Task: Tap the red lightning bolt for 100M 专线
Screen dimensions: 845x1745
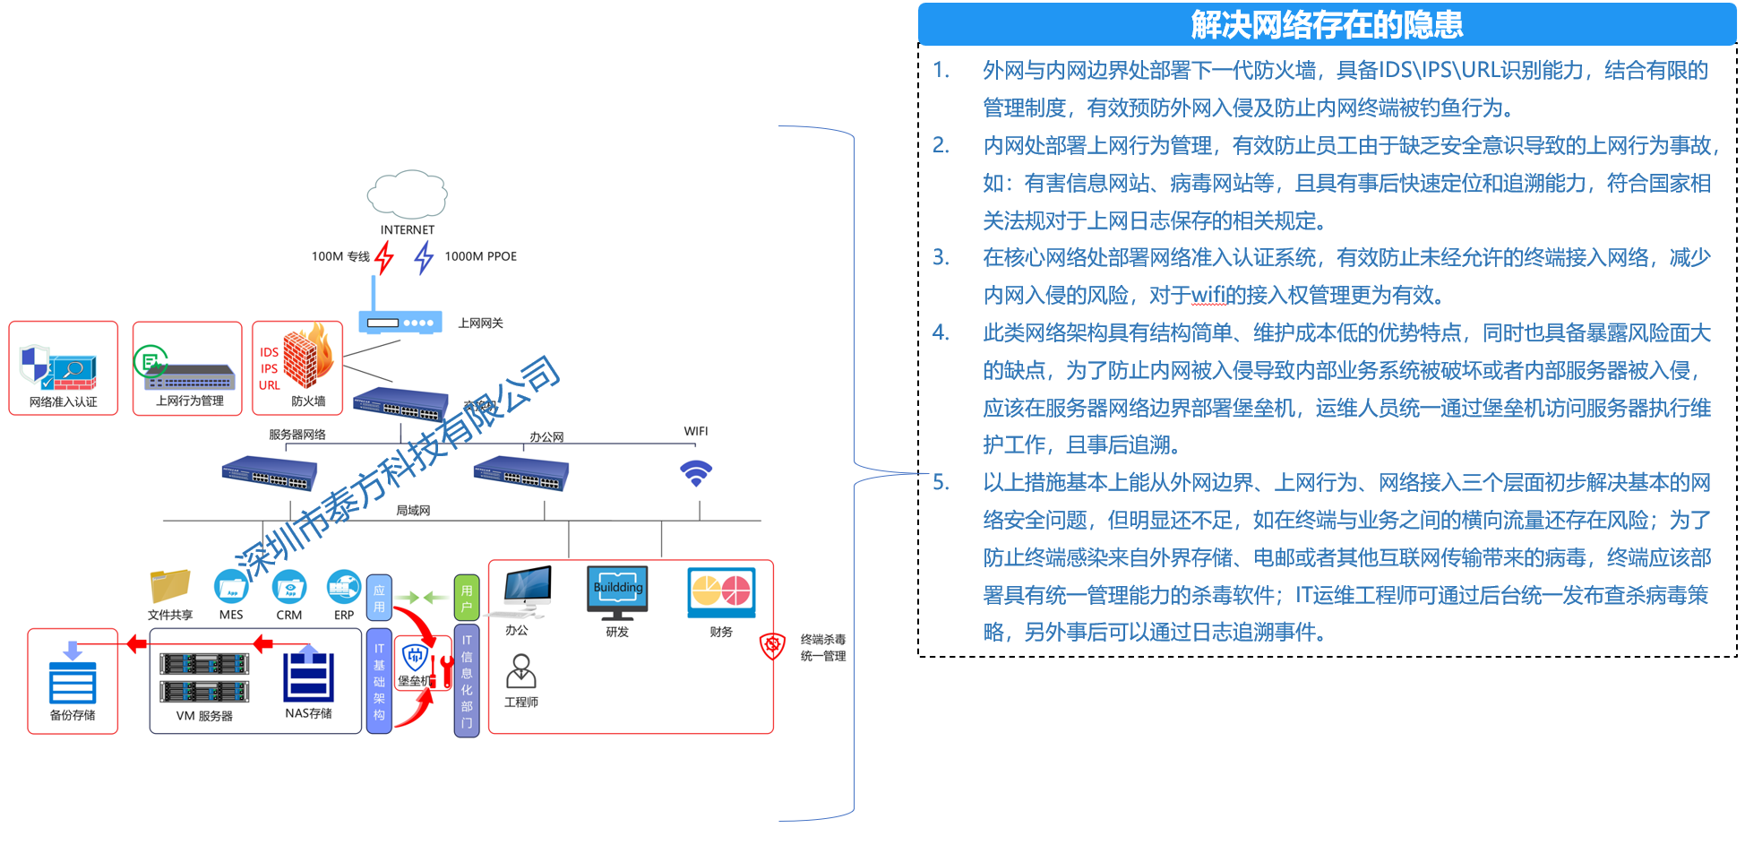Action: pos(384,257)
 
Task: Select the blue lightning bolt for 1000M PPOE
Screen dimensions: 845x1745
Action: pos(424,257)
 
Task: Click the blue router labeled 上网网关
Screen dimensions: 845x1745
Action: pos(400,321)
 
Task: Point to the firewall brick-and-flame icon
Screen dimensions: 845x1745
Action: pos(307,358)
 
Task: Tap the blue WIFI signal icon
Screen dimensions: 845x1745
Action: pos(696,472)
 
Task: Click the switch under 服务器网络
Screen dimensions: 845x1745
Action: pos(270,473)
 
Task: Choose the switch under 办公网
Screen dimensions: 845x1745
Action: pos(520,472)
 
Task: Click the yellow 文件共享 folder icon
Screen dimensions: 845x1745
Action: pos(170,586)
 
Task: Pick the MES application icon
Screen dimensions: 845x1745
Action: pos(231,587)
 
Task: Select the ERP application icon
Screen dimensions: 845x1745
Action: pos(344,587)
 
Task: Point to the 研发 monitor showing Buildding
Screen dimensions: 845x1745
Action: pos(617,591)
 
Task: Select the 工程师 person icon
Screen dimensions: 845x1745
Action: pos(520,671)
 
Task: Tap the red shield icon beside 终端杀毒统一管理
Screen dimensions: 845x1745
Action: pos(772,645)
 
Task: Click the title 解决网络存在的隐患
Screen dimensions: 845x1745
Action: pos(1327,24)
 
